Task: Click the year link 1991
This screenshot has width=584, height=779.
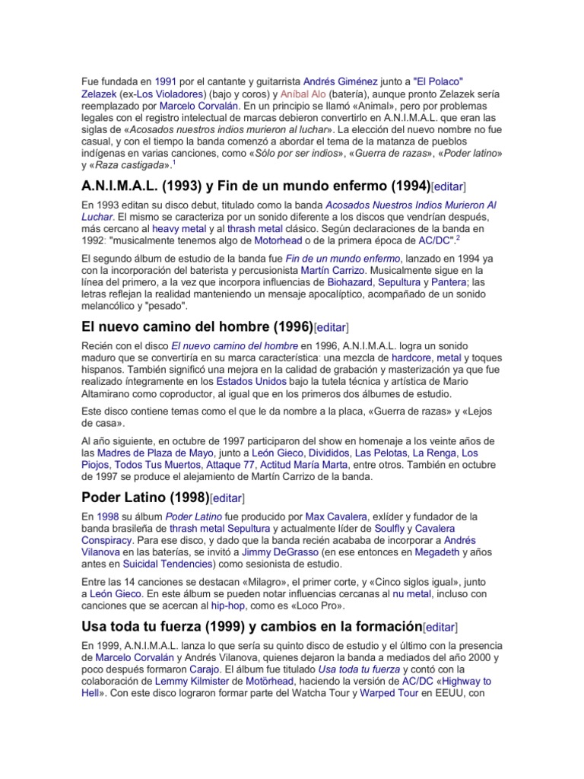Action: click(x=165, y=81)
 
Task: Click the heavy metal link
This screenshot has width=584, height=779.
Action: click(x=177, y=228)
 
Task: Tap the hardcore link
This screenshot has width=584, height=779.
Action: click(x=415, y=357)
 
